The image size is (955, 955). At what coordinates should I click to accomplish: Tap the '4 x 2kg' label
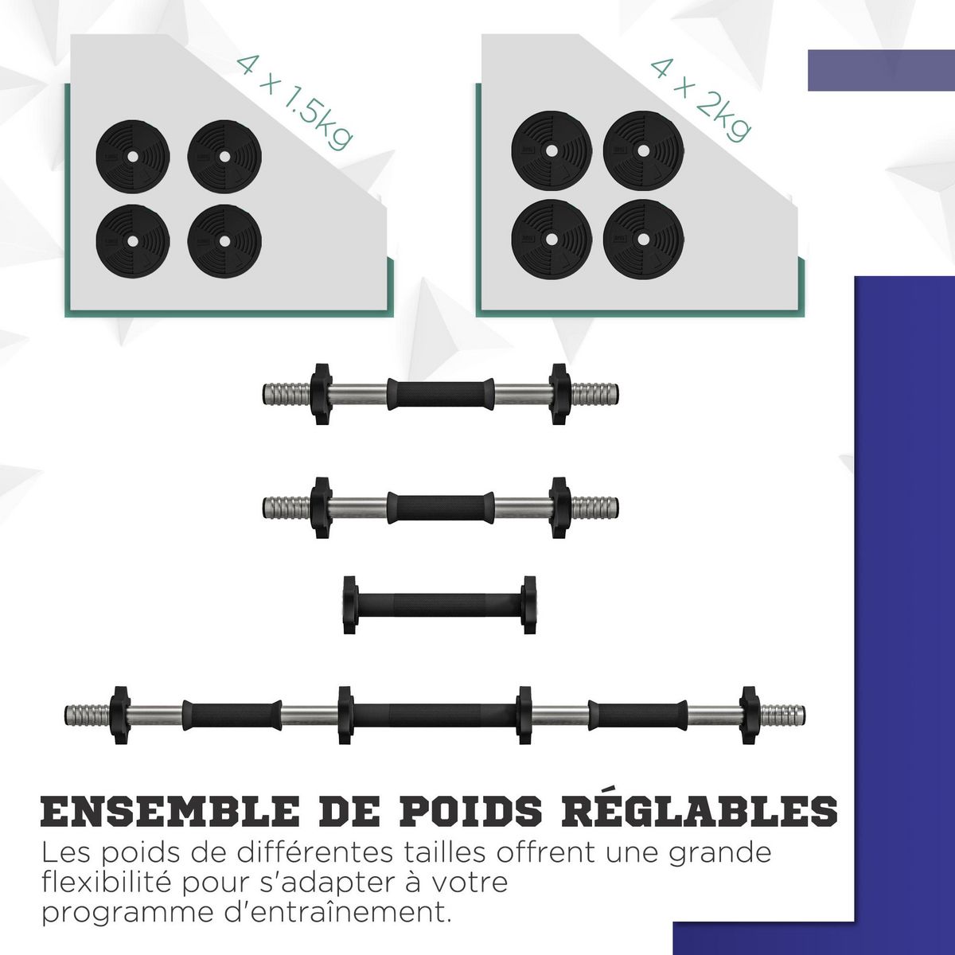pos(700,99)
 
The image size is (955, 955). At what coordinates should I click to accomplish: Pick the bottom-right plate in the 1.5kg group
pos(224,240)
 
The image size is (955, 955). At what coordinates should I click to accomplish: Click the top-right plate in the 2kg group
pos(643,150)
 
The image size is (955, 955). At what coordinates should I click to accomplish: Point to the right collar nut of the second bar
pos(560,506)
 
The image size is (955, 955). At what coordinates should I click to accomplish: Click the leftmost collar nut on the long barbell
pos(119,715)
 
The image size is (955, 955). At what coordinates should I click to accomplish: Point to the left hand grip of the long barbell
pos(232,715)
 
